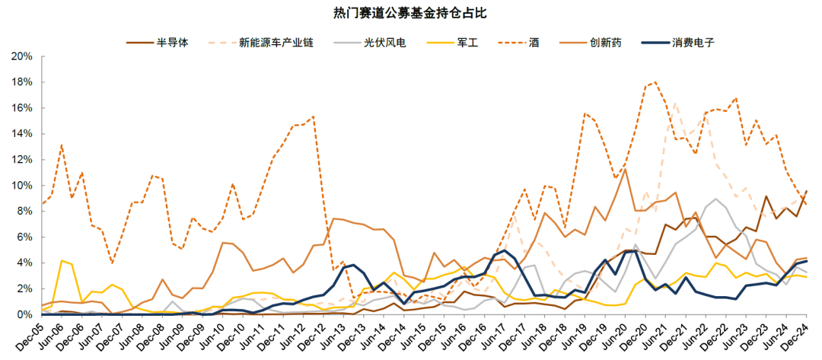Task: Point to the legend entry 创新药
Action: pos(605,43)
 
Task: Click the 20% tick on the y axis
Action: pos(21,56)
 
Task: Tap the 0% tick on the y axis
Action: pos(24,314)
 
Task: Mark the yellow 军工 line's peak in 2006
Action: pos(62,260)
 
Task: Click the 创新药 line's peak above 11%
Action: pos(624,169)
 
